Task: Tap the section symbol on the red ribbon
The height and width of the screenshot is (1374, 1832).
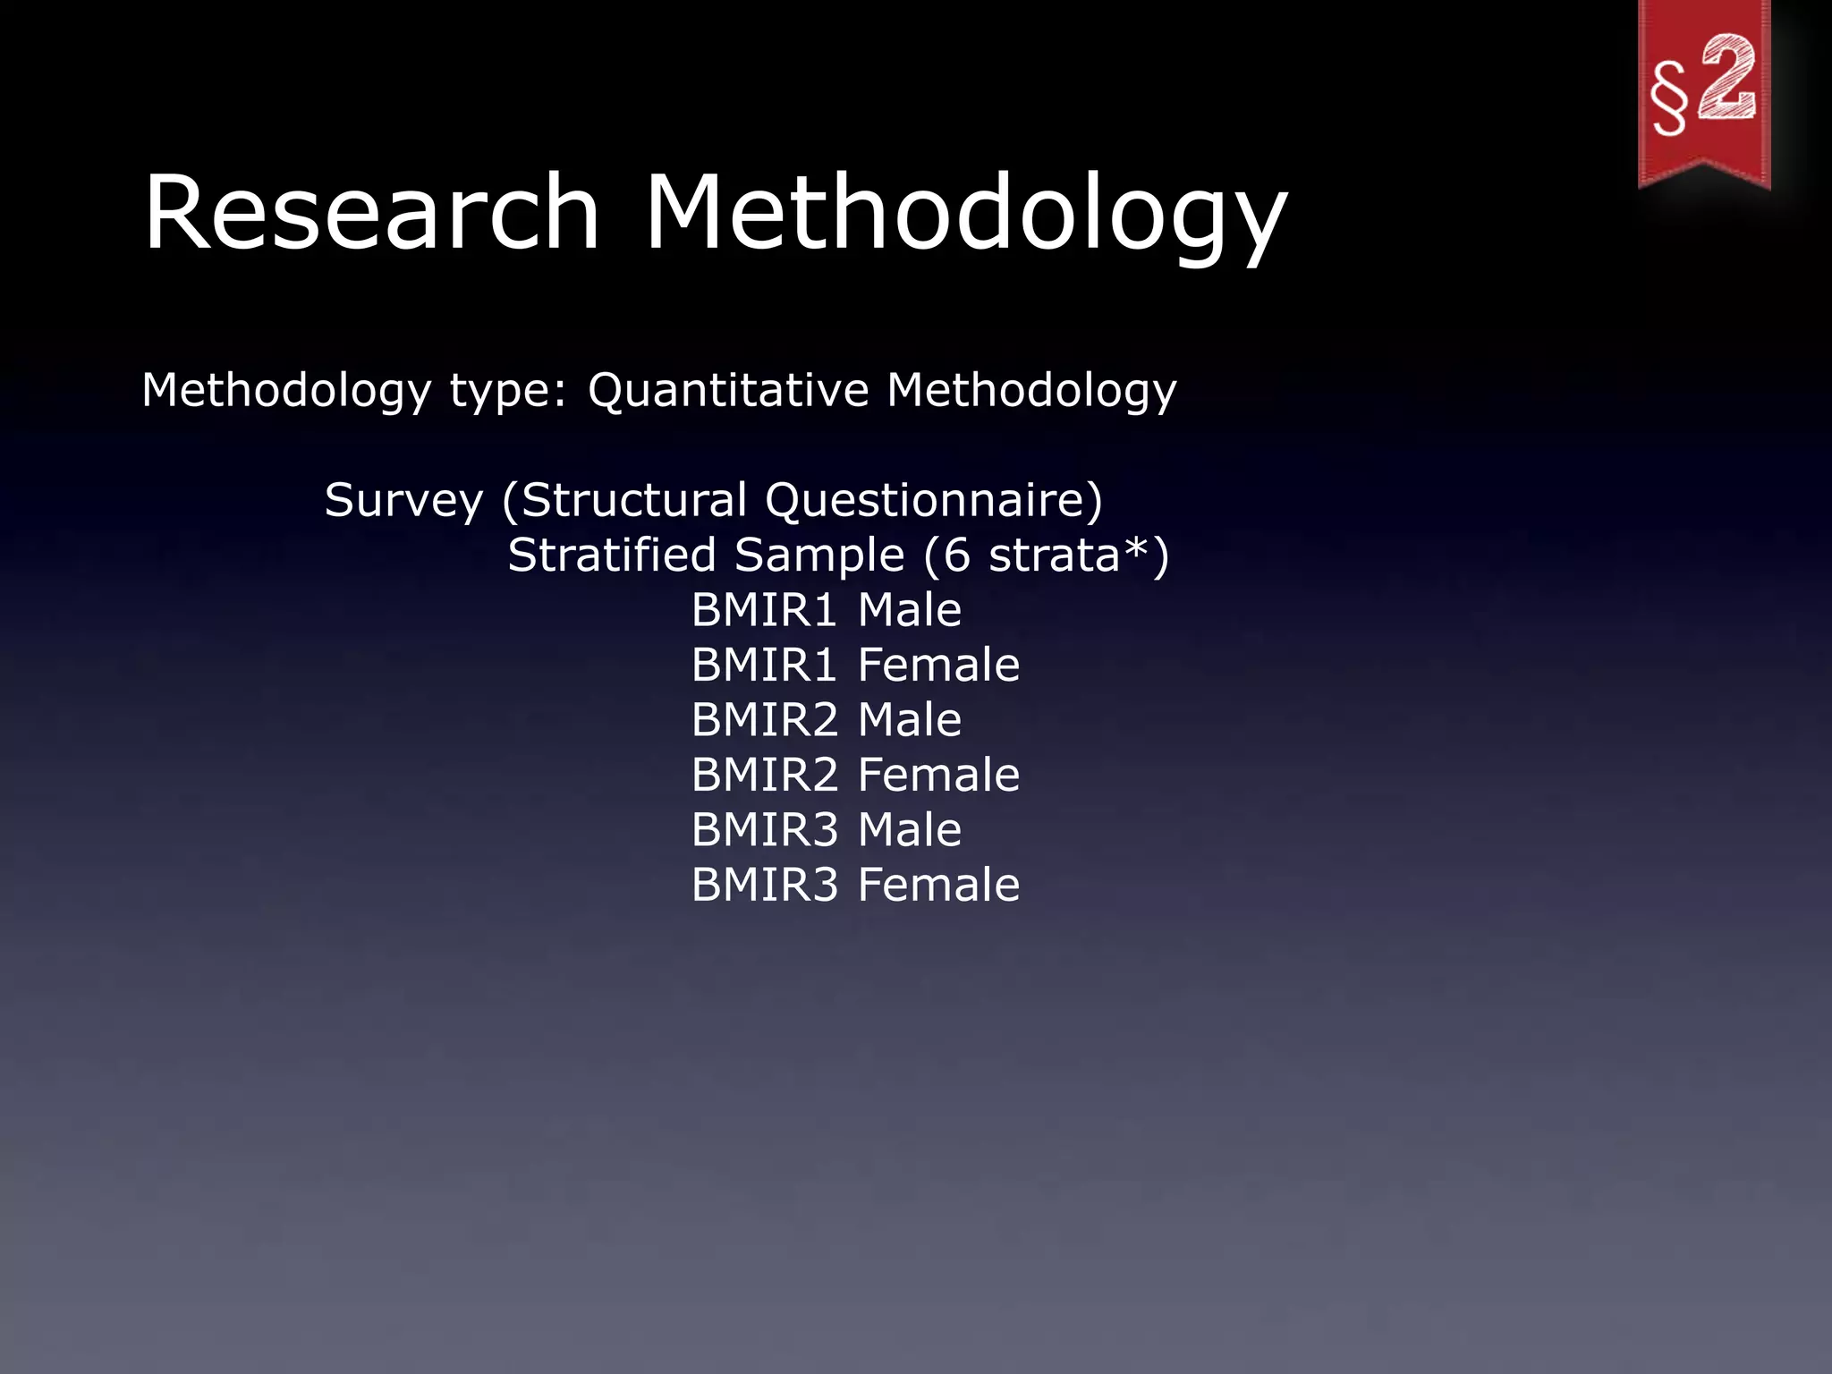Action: pos(1669,98)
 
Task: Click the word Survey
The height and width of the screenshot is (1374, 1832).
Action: pos(403,500)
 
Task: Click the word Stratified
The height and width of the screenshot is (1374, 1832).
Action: pos(612,555)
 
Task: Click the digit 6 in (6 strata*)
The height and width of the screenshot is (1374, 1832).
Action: pos(956,556)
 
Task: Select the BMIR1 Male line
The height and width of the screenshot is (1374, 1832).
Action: pos(826,610)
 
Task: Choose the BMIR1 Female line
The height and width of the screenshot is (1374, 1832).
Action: pos(855,665)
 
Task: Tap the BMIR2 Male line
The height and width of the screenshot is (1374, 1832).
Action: pos(826,720)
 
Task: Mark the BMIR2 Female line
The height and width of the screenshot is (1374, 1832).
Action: pos(855,775)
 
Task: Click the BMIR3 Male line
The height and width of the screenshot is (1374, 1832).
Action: pos(826,830)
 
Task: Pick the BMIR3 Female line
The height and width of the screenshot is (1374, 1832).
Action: pos(855,885)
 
